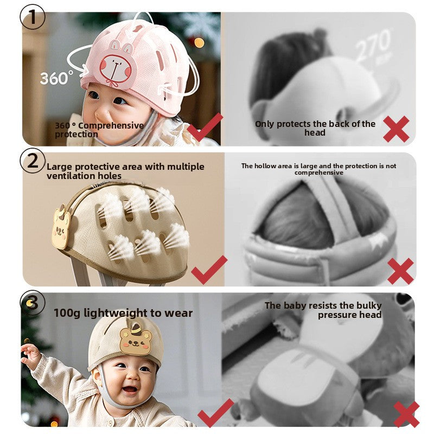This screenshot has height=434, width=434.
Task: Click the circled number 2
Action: pos(32,161)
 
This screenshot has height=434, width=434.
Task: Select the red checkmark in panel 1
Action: pos(205,126)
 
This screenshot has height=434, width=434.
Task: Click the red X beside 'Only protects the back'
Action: pos(396,129)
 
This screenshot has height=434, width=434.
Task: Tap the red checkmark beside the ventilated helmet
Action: pos(209,270)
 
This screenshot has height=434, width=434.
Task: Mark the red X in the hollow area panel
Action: pos(400,271)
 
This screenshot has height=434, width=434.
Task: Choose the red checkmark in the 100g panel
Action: pos(215,412)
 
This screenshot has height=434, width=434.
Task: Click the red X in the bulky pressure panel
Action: pos(406,414)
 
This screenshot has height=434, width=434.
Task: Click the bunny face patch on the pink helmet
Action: pos(116,69)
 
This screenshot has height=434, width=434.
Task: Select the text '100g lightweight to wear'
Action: pos(123,313)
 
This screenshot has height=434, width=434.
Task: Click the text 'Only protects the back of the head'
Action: pos(315,128)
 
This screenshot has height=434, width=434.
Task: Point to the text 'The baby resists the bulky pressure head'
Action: pos(323,310)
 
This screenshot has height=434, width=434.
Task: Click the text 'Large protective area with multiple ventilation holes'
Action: pos(125,171)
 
